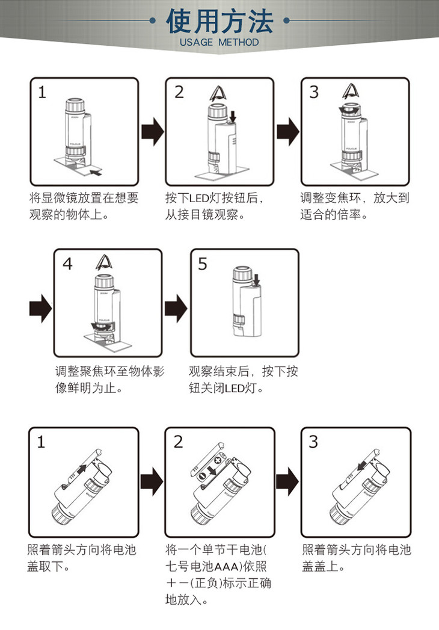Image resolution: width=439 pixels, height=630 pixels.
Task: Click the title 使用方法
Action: (219, 22)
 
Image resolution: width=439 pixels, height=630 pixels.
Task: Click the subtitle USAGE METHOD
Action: (219, 43)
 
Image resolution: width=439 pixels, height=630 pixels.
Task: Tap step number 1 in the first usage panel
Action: (41, 92)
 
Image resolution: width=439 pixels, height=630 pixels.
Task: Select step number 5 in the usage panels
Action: (203, 264)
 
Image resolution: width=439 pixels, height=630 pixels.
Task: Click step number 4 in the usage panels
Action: (67, 264)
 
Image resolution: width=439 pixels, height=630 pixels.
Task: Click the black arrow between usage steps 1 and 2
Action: (152, 131)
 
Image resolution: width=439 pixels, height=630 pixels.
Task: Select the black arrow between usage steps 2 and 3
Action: (288, 131)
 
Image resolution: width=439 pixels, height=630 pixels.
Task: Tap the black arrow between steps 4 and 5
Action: (176, 308)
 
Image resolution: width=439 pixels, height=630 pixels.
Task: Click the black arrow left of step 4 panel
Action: (40, 308)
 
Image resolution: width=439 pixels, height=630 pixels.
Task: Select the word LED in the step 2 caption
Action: (198, 198)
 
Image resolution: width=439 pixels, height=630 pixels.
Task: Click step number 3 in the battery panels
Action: (313, 442)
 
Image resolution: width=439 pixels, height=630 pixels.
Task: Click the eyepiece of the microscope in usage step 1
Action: (75, 105)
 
